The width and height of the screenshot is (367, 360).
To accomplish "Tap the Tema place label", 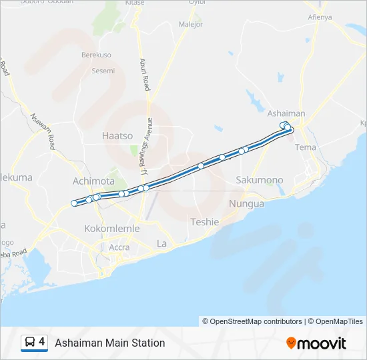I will click(305, 147).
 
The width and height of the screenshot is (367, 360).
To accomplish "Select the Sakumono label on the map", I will click(260, 180).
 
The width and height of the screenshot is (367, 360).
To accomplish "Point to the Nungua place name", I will click(246, 203).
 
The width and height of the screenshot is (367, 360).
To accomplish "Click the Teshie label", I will click(204, 221).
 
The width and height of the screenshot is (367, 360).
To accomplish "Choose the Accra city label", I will click(119, 247).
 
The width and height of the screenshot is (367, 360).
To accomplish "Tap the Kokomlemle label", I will click(112, 228).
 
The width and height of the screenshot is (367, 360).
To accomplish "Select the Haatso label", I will click(117, 135).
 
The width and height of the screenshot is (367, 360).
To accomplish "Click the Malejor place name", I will click(191, 24).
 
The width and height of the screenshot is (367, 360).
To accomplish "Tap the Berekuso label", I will click(96, 55).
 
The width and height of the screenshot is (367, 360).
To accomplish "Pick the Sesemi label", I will click(103, 71).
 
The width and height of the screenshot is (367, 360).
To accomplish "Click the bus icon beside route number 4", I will click(30, 343).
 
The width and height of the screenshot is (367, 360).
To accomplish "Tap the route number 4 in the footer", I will click(42, 342).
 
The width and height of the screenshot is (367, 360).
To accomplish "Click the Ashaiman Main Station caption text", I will click(110, 343).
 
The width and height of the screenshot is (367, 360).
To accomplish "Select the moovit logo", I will click(316, 343).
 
